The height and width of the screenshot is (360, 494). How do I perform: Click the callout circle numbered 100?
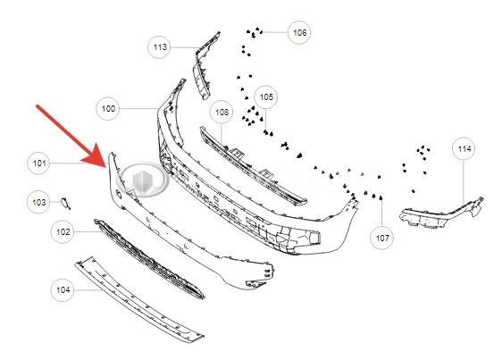tap(108, 109)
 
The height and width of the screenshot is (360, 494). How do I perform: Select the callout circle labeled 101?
tap(39, 163)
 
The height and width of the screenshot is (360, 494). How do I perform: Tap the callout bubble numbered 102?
tap(63, 231)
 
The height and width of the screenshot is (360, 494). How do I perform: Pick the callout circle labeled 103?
tap(38, 202)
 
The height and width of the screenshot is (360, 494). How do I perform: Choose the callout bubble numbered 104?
tap(63, 289)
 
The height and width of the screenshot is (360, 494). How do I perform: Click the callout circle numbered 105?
tap(266, 97)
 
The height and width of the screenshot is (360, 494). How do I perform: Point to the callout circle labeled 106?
tap(299, 32)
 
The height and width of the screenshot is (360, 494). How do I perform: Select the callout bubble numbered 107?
tap(381, 238)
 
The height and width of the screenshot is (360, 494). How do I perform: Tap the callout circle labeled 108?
tap(222, 112)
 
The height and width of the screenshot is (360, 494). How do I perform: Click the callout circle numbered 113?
tap(159, 47)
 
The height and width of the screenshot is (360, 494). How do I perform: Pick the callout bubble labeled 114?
tap(464, 148)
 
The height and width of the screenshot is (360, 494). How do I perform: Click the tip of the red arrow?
tap(106, 167)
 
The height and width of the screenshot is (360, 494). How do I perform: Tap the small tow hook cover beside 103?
tap(66, 203)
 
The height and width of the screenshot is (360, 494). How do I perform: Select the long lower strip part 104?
tap(138, 299)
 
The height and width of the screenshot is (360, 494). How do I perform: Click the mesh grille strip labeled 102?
tap(148, 258)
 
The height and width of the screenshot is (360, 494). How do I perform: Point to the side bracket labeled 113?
tap(205, 66)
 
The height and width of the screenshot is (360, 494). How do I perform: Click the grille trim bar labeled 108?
tap(252, 166)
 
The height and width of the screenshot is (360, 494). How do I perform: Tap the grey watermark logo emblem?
tap(142, 180)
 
